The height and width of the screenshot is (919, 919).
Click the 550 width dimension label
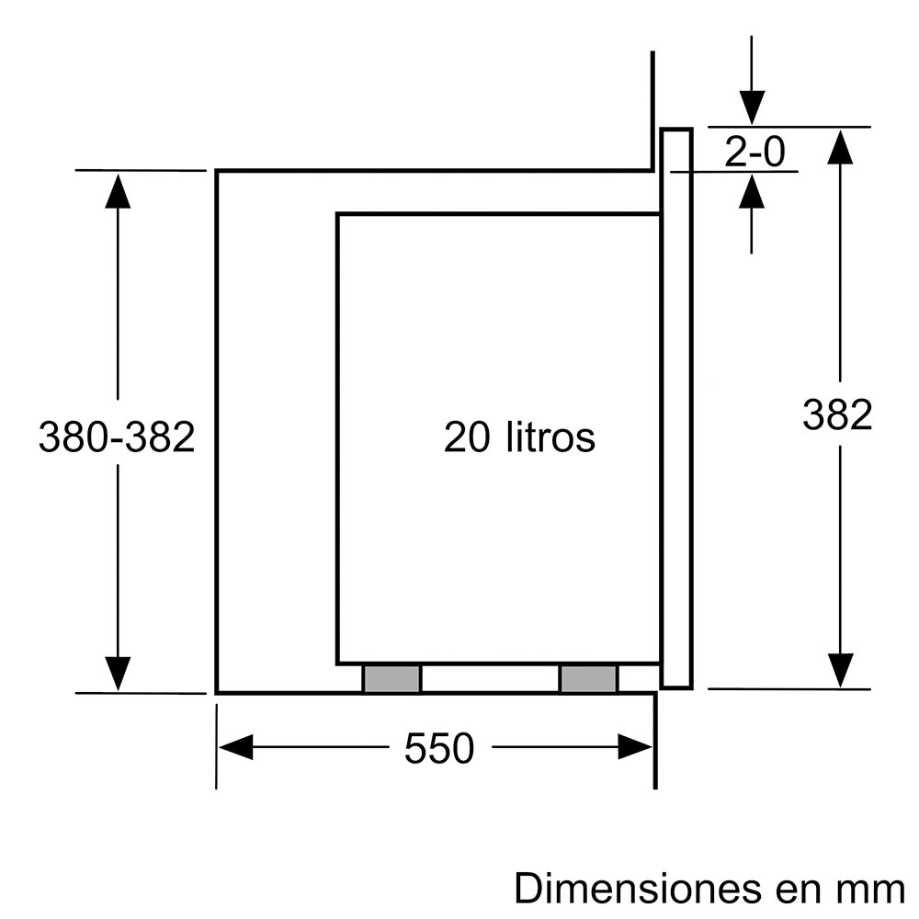pyautogui.click(x=439, y=750)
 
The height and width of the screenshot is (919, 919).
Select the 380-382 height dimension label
pyautogui.click(x=117, y=437)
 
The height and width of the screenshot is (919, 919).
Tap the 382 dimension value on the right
pyautogui.click(x=836, y=415)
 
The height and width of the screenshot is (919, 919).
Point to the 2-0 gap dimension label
pyautogui.click(x=755, y=153)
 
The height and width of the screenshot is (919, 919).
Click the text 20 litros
pyautogui.click(x=519, y=437)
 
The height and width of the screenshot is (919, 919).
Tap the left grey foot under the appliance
pyautogui.click(x=391, y=679)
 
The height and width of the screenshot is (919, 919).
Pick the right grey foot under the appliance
pyautogui.click(x=588, y=679)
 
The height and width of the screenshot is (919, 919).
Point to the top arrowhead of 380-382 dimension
pyautogui.click(x=118, y=189)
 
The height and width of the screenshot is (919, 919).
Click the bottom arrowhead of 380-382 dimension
pyautogui.click(x=118, y=673)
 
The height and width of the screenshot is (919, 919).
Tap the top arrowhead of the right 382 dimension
pyautogui.click(x=840, y=146)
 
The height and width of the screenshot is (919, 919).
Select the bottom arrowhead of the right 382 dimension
pyautogui.click(x=840, y=669)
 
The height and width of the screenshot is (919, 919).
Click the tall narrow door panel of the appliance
pyautogui.click(x=675, y=408)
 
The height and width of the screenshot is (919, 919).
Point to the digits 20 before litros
pyautogui.click(x=468, y=437)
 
